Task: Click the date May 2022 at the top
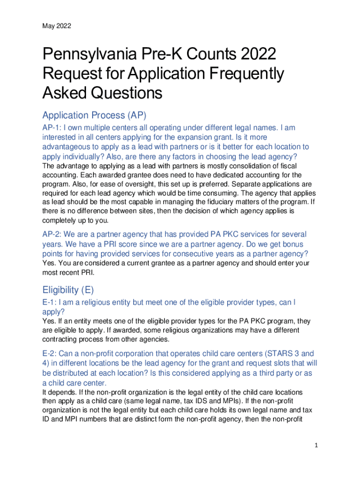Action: [57, 26]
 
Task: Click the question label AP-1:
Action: [53, 128]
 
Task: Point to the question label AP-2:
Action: [53, 234]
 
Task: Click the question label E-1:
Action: [52, 303]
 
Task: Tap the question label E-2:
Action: [52, 353]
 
